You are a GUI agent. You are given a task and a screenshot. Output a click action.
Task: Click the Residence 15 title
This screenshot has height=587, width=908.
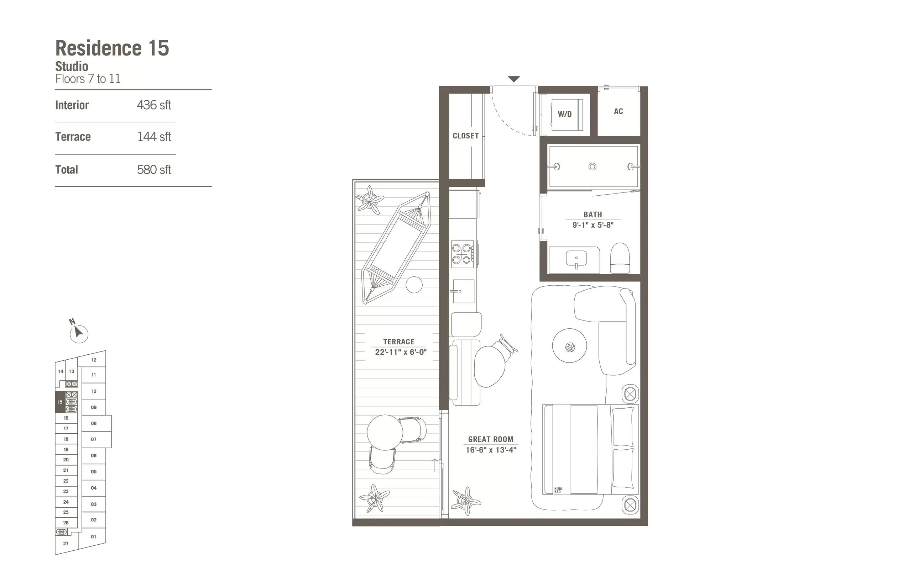click(x=112, y=48)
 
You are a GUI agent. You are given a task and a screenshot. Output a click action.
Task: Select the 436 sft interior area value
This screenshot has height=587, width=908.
click(x=154, y=105)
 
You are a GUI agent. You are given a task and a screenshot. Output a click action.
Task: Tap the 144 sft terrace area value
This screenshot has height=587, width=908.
click(x=154, y=137)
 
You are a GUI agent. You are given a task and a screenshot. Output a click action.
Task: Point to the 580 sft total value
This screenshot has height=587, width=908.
click(x=154, y=170)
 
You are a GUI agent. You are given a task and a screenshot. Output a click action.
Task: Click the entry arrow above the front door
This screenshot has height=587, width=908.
click(x=513, y=79)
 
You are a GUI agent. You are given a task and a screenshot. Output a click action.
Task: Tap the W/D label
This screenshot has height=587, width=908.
click(x=565, y=114)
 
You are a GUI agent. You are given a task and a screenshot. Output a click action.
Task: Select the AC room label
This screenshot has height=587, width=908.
click(x=618, y=111)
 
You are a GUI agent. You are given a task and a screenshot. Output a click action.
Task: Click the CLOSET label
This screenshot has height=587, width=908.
click(x=465, y=136)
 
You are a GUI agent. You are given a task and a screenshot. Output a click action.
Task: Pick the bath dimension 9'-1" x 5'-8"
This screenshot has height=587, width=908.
click(x=593, y=225)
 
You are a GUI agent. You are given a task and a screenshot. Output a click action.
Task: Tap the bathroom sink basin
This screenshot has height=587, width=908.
click(x=576, y=258)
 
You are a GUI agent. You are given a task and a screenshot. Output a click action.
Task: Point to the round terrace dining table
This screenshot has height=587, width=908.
click(x=385, y=432)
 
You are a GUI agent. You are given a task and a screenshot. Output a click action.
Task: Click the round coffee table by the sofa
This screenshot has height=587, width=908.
click(x=569, y=346)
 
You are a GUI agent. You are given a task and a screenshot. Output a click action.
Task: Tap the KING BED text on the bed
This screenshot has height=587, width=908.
click(x=558, y=490)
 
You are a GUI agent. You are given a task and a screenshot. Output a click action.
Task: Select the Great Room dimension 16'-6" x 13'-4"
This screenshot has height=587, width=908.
click(x=491, y=450)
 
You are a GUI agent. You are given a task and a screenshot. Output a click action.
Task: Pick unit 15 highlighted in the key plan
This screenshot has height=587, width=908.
click(x=60, y=402)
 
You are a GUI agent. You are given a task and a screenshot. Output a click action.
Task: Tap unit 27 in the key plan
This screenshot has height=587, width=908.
click(x=66, y=544)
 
